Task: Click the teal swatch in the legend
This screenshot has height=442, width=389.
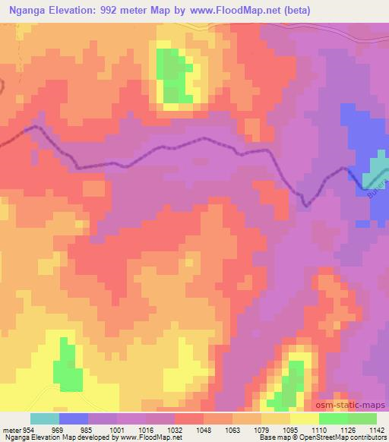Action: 44,418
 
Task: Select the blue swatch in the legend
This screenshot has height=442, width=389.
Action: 73,418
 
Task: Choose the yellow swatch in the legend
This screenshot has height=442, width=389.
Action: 304,418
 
